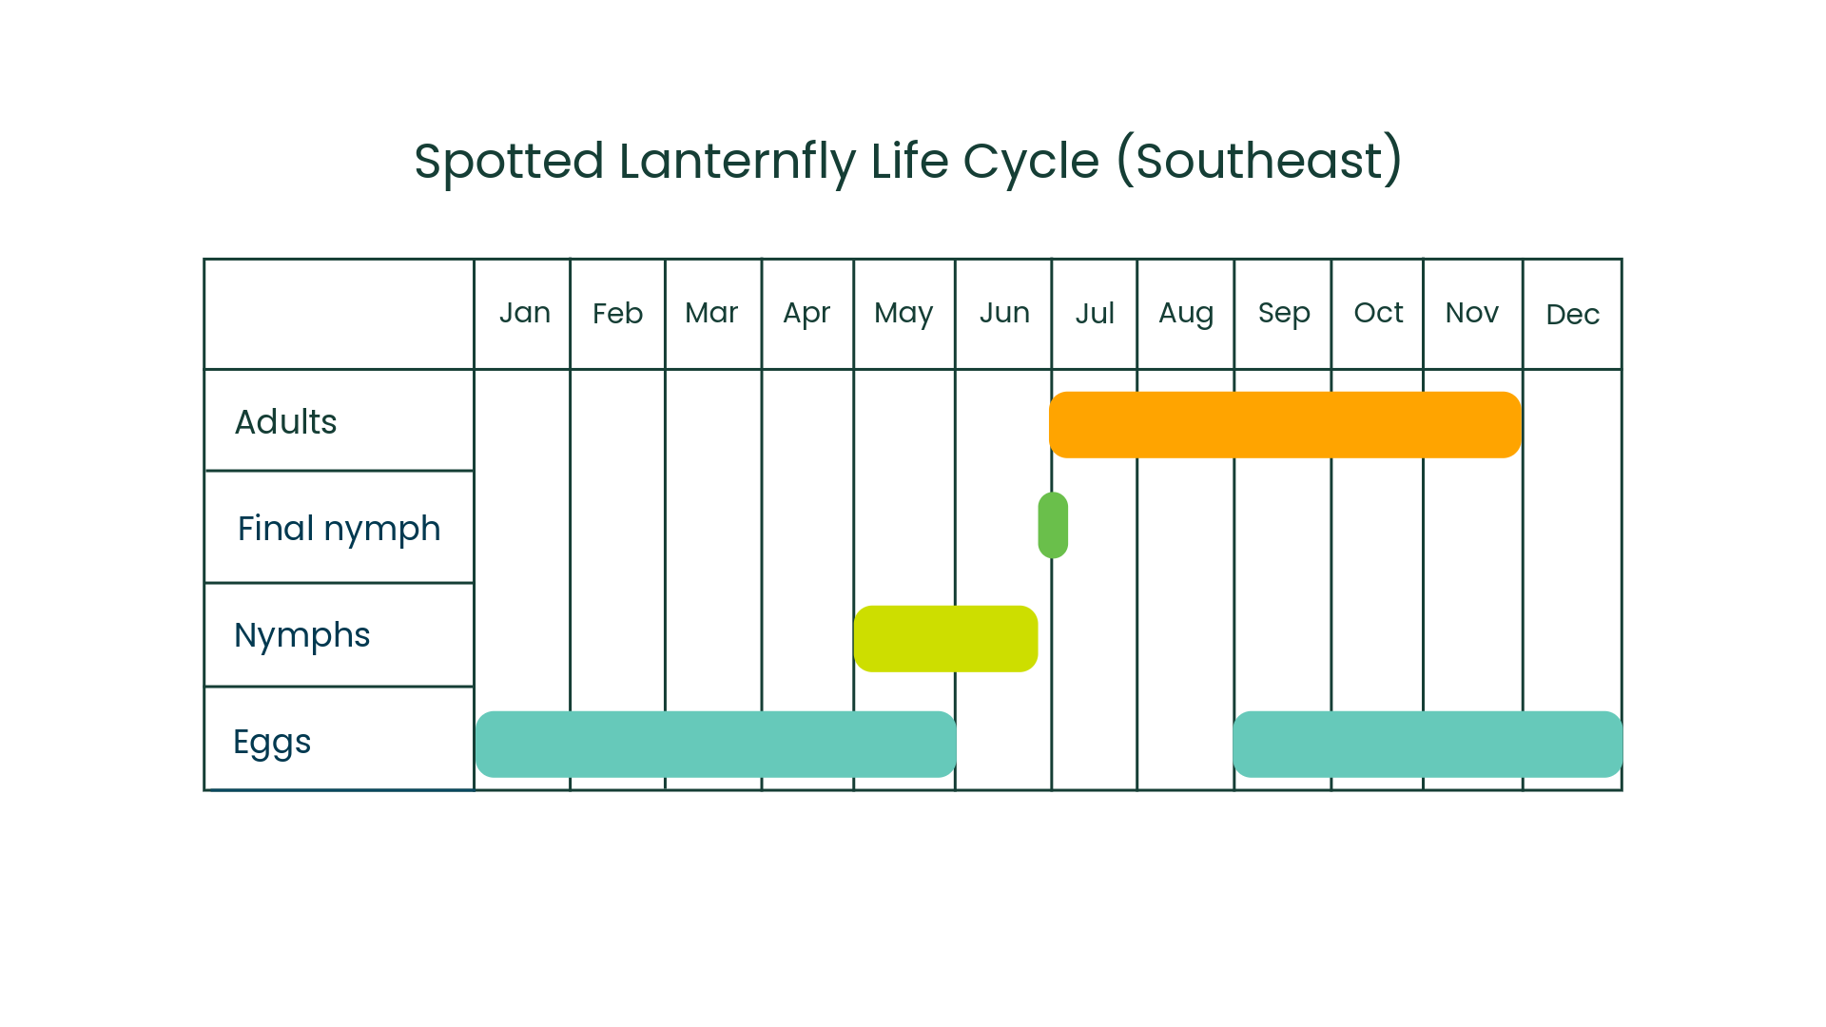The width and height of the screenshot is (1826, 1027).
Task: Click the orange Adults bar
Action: coord(1285,425)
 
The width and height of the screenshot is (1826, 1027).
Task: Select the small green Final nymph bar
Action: coord(1053,525)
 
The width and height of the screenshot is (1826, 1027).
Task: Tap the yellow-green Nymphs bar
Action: coord(945,639)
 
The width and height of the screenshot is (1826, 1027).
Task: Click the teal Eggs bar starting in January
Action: coord(715,745)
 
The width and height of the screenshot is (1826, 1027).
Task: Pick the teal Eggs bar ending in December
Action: coord(1427,745)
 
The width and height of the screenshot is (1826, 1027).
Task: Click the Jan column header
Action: coord(525,313)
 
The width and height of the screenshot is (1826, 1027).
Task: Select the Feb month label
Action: coord(617,314)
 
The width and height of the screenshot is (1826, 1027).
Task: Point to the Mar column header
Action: coord(711,313)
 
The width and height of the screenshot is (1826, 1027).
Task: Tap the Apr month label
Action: coord(806,314)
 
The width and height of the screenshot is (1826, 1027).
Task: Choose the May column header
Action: coord(903,314)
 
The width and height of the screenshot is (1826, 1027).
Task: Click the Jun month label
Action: coord(1004,313)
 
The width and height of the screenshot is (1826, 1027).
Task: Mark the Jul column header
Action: coord(1095,314)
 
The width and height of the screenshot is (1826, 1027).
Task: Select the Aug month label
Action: coord(1186,314)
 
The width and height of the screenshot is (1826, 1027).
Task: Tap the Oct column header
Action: coord(1378,313)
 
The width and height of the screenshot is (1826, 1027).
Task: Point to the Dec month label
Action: coord(1572,315)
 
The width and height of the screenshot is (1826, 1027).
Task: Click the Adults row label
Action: coord(285,422)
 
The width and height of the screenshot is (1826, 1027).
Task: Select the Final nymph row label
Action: coord(339,529)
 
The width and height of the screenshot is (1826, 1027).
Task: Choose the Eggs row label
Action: coord(272,743)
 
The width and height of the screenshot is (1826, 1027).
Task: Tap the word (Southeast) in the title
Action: coord(1259,160)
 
